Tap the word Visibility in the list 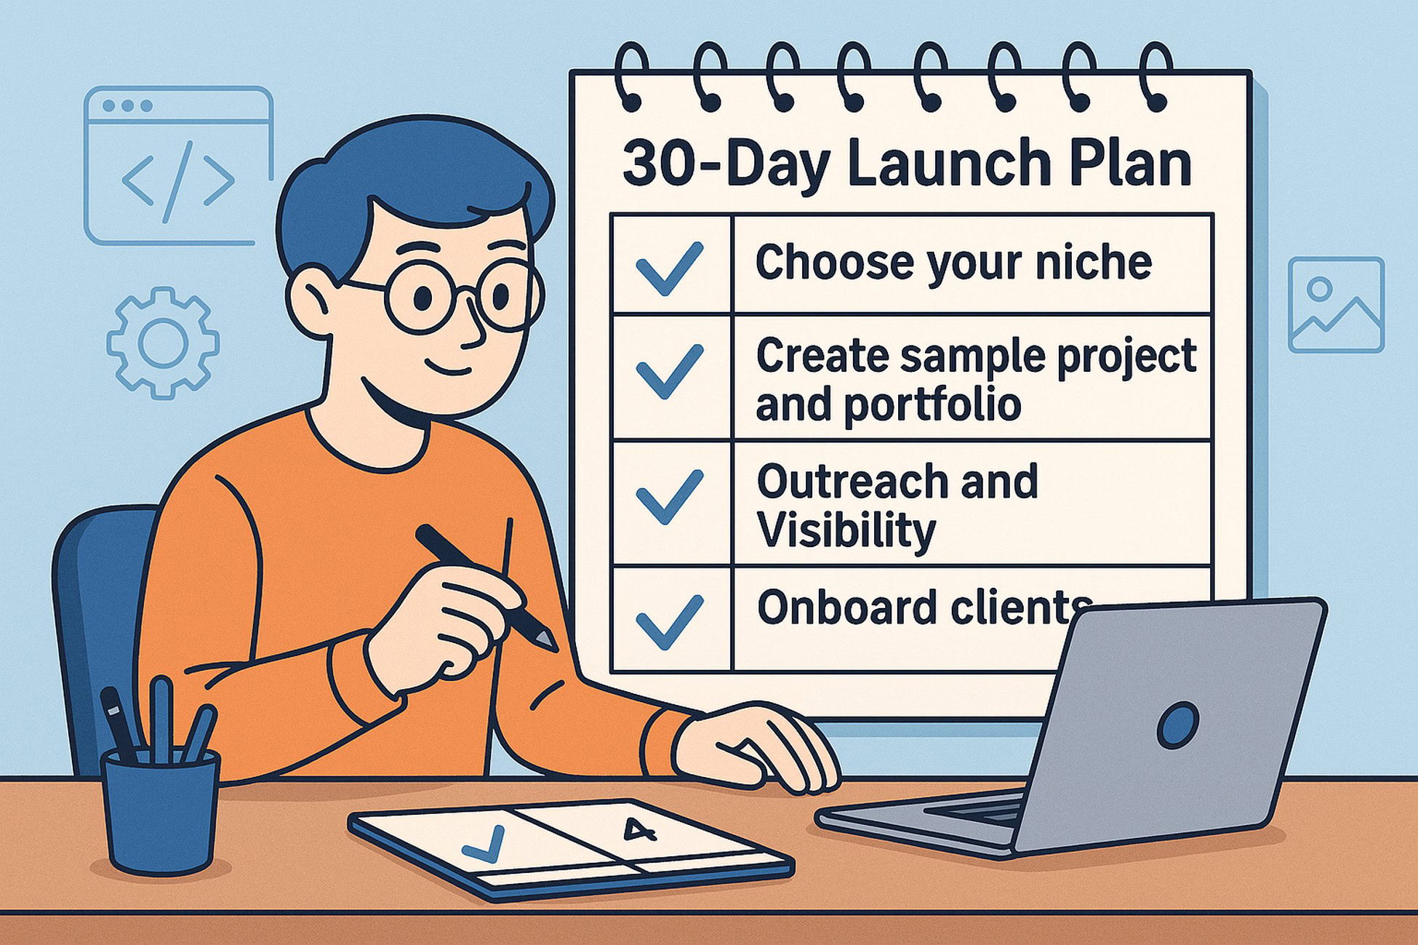[x=846, y=530]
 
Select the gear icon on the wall [x=163, y=343]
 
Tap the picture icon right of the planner [x=1335, y=304]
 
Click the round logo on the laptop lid [x=1177, y=725]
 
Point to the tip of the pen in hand [x=550, y=644]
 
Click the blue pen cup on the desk [x=161, y=811]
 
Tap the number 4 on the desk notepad [x=637, y=830]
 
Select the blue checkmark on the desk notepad [x=484, y=844]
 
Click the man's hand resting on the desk [x=756, y=749]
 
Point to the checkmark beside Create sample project [x=669, y=371]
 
